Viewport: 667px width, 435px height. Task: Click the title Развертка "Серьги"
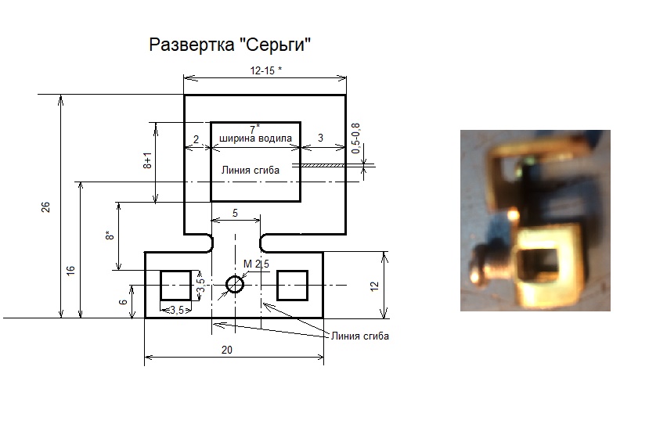(x=230, y=45)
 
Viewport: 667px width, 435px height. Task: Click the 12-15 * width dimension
(x=266, y=70)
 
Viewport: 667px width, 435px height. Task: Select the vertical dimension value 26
(x=46, y=207)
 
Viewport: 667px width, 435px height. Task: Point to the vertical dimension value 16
(x=70, y=270)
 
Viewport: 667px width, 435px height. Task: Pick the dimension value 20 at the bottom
(x=227, y=351)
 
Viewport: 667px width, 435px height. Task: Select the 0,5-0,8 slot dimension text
(x=356, y=139)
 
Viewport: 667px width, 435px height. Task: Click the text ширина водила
(x=256, y=138)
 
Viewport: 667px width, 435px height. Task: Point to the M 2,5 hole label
(x=256, y=264)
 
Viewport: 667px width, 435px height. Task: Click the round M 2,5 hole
(x=235, y=285)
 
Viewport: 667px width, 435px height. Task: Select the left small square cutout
(x=175, y=285)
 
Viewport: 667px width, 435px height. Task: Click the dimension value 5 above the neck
(x=235, y=213)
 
